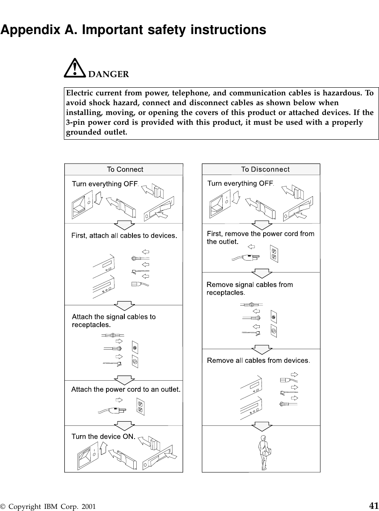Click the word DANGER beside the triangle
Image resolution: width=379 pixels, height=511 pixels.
coord(109,75)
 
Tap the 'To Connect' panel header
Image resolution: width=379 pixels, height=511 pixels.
coord(124,169)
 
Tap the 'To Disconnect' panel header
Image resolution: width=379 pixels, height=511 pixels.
coord(265,169)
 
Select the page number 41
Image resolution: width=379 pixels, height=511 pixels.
coord(373,505)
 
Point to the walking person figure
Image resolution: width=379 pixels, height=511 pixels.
coord(264,453)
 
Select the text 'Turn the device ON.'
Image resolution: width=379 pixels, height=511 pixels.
coord(103,436)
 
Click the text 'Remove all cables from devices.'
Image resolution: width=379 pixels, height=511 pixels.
coord(258,361)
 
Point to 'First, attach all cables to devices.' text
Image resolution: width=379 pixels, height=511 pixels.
coord(124,235)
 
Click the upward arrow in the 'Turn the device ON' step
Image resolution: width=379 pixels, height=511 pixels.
coord(103,452)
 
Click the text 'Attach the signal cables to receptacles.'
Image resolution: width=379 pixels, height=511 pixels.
coord(114,320)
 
